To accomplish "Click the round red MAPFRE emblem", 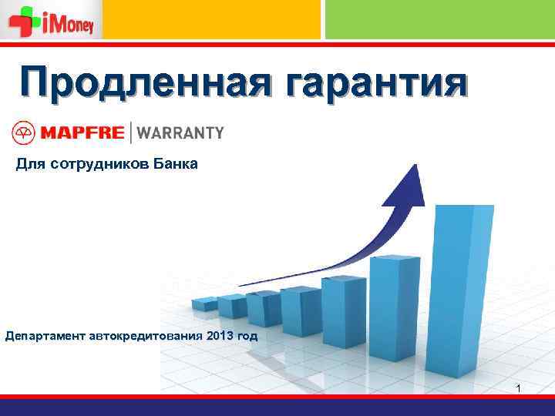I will click(22, 133).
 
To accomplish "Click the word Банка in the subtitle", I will click(175, 163).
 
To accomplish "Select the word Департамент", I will click(45, 337).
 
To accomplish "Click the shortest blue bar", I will click(204, 305).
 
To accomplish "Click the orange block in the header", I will click(211, 18).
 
